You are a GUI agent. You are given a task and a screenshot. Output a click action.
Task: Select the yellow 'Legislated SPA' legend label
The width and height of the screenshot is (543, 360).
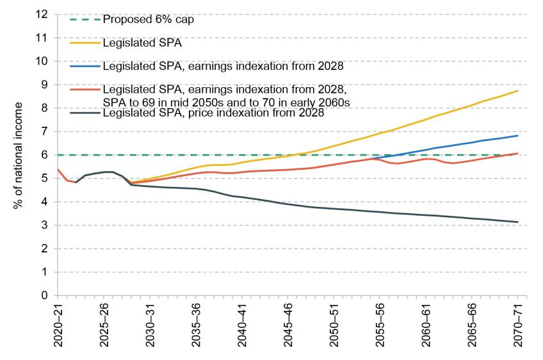pos(134,43)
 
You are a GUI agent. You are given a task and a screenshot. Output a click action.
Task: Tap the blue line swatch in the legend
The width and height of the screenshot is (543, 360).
pos(85,66)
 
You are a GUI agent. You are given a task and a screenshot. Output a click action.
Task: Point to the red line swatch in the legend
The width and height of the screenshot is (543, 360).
pos(85,90)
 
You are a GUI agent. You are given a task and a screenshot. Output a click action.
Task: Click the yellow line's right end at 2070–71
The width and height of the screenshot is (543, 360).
pos(517,90)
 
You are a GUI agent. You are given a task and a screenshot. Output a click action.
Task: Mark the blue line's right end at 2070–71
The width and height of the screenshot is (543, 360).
pos(517,135)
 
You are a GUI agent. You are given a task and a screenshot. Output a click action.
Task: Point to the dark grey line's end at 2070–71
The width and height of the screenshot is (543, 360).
pos(517,222)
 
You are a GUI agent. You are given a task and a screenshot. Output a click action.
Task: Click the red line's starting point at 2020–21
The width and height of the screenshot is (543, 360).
pos(58,169)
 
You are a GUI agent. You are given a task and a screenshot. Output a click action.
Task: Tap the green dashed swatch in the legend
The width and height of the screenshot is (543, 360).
pos(85,19)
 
